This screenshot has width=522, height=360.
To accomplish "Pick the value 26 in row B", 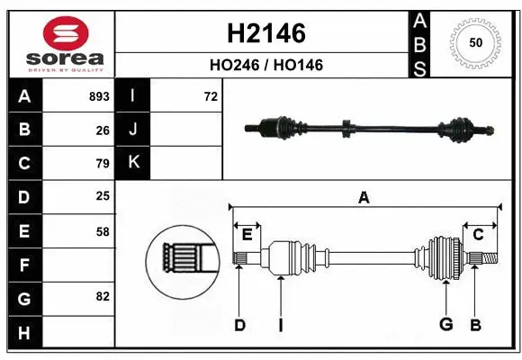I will coord(103,130).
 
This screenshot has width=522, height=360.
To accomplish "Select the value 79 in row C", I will coord(103,164).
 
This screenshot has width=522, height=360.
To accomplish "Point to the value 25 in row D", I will coord(103,196).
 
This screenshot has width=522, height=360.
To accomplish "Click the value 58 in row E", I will coord(103,231).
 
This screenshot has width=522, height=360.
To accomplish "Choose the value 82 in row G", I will coord(103,296).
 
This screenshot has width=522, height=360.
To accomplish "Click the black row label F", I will coord(22,265).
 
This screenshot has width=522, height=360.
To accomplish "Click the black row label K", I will coord(133,163).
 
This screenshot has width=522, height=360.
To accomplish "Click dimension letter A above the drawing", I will coord(364,198).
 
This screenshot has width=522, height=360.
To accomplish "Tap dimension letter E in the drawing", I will coord(247,235).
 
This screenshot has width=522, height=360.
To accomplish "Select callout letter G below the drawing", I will coord(445,324).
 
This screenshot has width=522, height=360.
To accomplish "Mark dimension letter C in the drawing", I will coord(479,235).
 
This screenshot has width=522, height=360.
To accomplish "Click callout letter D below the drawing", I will coord(239,325).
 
